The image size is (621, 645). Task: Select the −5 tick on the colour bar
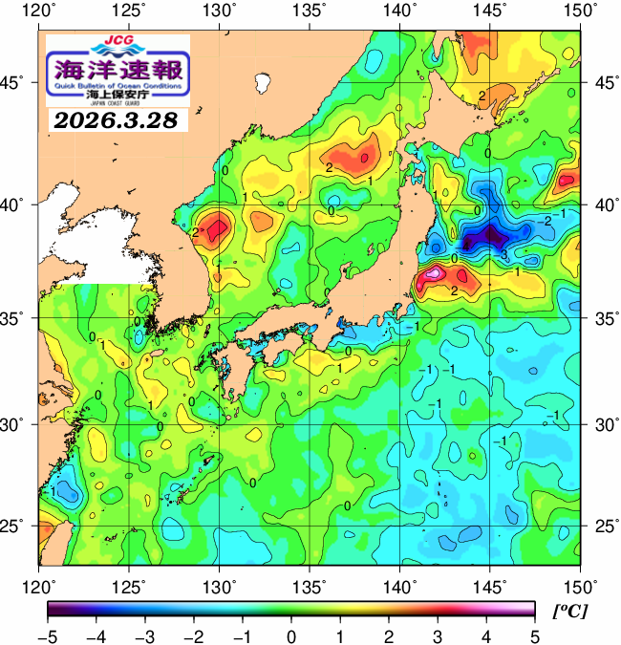[48, 635]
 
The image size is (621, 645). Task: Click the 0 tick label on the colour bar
[290, 635]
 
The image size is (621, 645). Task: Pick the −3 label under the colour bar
[145, 635]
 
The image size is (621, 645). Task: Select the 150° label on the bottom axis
[581, 585]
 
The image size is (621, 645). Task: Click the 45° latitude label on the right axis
[604, 82]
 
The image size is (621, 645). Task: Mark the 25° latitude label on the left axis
[16, 527]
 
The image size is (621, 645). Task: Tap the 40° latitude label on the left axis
[16, 204]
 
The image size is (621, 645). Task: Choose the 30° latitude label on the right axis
[604, 423]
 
